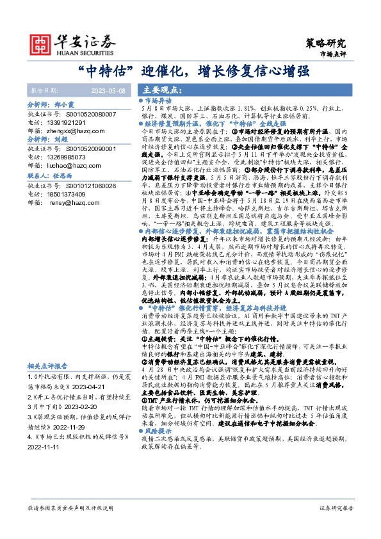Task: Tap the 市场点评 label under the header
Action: [x=332, y=56]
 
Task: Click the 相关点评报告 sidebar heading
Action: [x=48, y=366]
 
